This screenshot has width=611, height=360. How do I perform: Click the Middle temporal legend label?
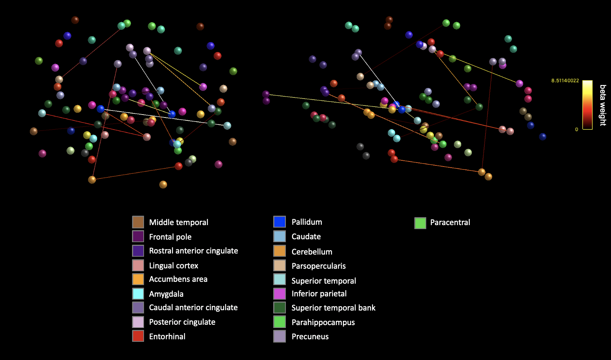(x=178, y=222)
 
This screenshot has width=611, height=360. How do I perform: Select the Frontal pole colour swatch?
(x=138, y=236)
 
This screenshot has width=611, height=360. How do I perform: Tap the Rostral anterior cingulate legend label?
(x=193, y=251)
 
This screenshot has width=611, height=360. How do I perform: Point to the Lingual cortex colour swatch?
(x=138, y=265)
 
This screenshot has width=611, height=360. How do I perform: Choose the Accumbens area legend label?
(x=178, y=279)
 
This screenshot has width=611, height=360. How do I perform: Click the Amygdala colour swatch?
(x=138, y=293)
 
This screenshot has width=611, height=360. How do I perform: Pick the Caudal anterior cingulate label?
(x=193, y=307)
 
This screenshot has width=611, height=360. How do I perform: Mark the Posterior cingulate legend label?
(x=182, y=322)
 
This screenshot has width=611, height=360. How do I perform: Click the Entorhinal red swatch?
(x=138, y=336)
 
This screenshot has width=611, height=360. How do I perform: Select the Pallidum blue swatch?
(x=279, y=222)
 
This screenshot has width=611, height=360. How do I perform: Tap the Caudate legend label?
(x=306, y=236)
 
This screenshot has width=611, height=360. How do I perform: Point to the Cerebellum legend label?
(x=312, y=252)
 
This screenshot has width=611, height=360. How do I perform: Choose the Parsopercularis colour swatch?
(x=279, y=265)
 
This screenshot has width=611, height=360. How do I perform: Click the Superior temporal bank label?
(x=333, y=308)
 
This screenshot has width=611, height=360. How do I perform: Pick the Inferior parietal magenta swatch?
(x=279, y=293)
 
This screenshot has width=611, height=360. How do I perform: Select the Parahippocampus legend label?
(x=323, y=322)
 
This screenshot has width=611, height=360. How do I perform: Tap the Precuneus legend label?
(x=310, y=336)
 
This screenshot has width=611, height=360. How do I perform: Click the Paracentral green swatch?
(x=420, y=223)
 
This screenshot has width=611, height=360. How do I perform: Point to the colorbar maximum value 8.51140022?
(x=565, y=81)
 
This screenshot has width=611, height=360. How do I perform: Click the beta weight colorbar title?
(x=603, y=105)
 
